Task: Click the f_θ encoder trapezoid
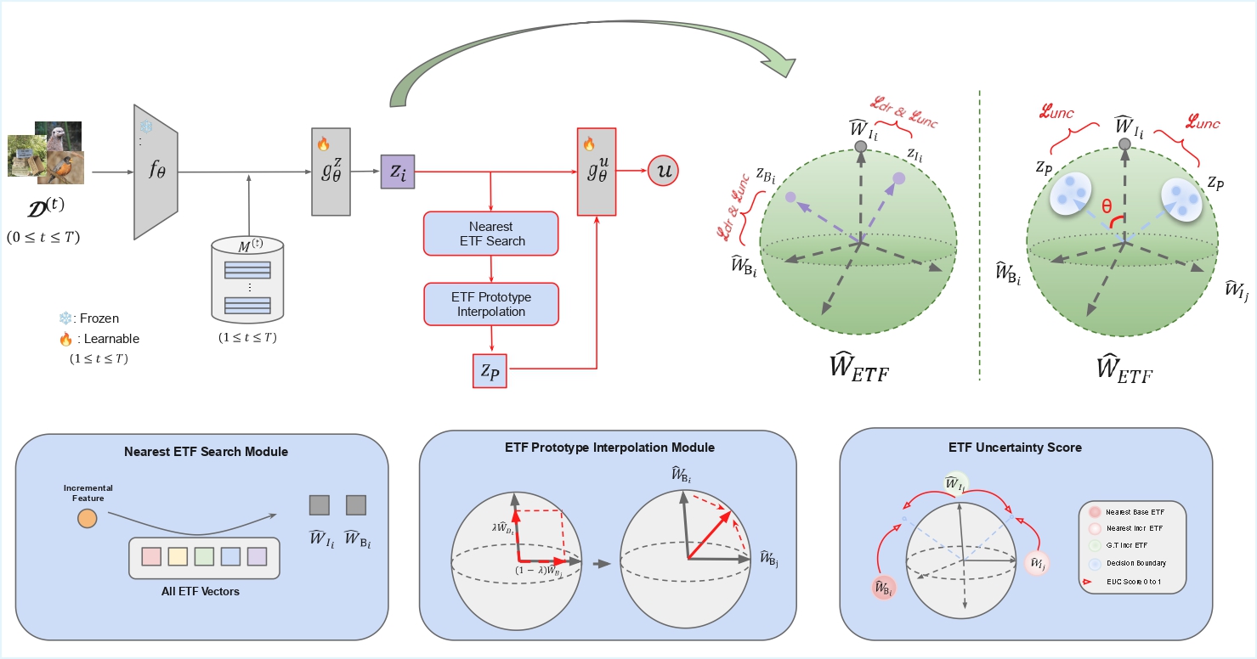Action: coord(156,172)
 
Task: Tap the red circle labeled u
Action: coord(663,172)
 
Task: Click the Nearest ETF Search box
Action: coord(491,234)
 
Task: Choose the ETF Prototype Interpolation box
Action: coord(491,304)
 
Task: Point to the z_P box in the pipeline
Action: coord(489,369)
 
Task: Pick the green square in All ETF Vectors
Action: coord(203,556)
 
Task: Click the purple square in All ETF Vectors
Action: coord(258,556)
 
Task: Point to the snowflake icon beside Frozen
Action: coord(64,318)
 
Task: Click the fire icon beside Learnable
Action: coord(65,339)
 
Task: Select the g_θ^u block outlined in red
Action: coord(596,172)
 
